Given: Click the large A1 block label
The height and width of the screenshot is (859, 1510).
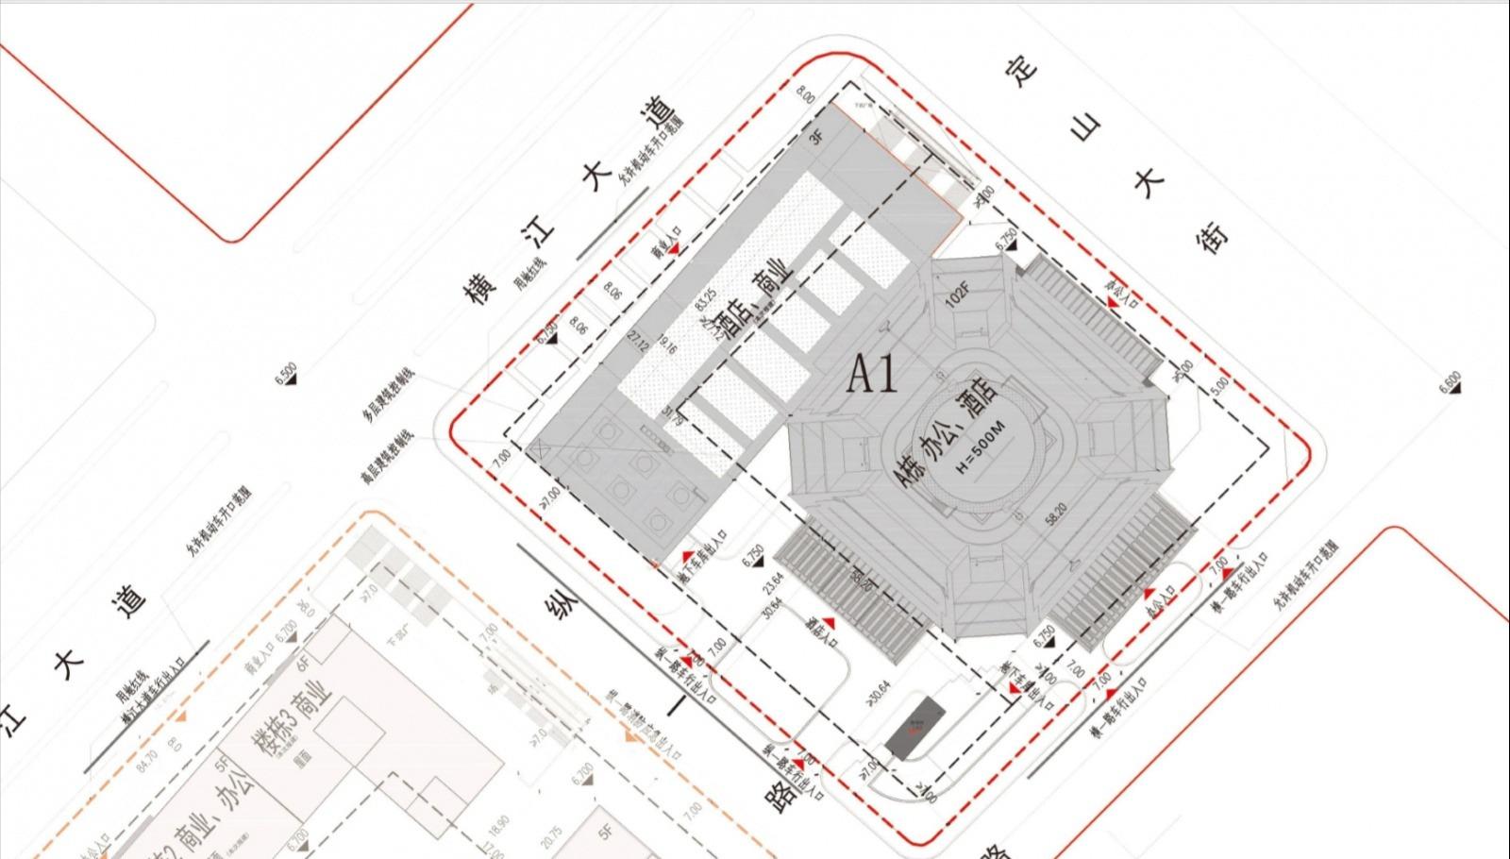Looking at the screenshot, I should click(872, 375).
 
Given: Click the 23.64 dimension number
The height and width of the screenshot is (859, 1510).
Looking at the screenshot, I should click(776, 581).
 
